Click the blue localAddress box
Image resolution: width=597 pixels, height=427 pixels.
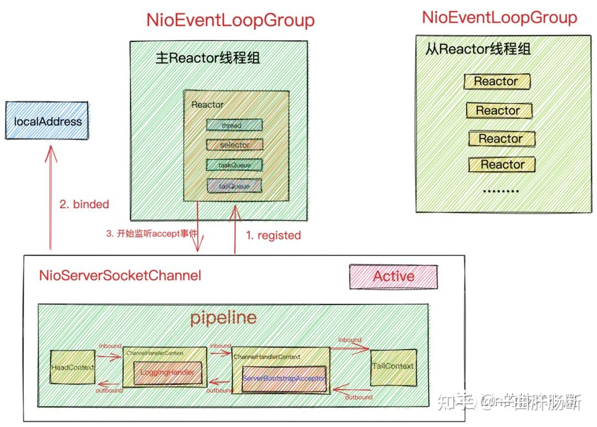(47, 121)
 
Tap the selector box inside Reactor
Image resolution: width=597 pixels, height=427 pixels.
(234, 145)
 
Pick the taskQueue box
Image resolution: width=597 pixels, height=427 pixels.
(234, 165)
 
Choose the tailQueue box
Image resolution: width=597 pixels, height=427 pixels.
(234, 186)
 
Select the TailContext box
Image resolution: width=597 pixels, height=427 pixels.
(393, 366)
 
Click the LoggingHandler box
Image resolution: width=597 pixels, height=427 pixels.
(167, 373)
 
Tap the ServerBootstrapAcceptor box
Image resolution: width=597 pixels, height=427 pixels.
(284, 379)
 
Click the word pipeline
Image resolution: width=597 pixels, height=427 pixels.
(223, 318)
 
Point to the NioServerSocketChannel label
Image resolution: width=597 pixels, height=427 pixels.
(120, 275)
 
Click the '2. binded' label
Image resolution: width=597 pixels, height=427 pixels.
(84, 204)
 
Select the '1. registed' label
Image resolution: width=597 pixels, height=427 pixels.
(273, 235)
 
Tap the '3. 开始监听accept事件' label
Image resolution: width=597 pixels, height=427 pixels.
(151, 234)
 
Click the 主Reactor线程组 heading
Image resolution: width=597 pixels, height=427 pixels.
(207, 59)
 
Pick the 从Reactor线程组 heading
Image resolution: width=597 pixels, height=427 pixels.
(478, 49)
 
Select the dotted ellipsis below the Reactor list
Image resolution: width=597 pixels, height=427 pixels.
(501, 191)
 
